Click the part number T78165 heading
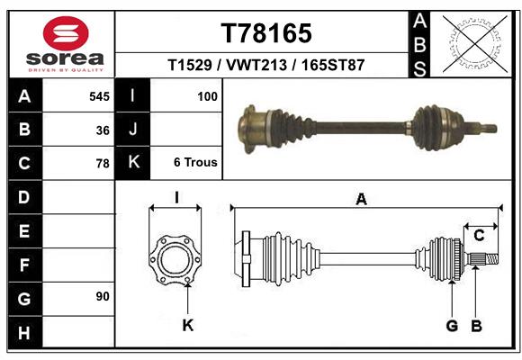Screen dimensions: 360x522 (266, 33)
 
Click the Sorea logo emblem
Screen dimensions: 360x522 (66, 33)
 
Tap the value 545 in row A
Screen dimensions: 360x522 (99, 95)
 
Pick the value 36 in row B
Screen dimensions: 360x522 (102, 130)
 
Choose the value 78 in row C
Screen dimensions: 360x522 (102, 164)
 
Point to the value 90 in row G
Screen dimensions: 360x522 (102, 295)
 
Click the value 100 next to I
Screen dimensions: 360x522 (206, 95)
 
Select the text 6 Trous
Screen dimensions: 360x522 (195, 163)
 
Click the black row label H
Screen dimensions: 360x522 (23, 335)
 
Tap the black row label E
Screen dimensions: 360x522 (23, 231)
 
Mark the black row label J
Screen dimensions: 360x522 (133, 130)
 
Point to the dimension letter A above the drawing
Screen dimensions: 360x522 (361, 200)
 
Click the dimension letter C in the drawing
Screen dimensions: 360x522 (480, 236)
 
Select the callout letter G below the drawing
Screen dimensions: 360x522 (452, 325)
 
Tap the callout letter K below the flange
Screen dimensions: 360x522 (188, 325)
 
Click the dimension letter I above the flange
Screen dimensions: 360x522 (176, 198)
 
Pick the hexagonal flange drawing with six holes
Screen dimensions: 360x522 (175, 260)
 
